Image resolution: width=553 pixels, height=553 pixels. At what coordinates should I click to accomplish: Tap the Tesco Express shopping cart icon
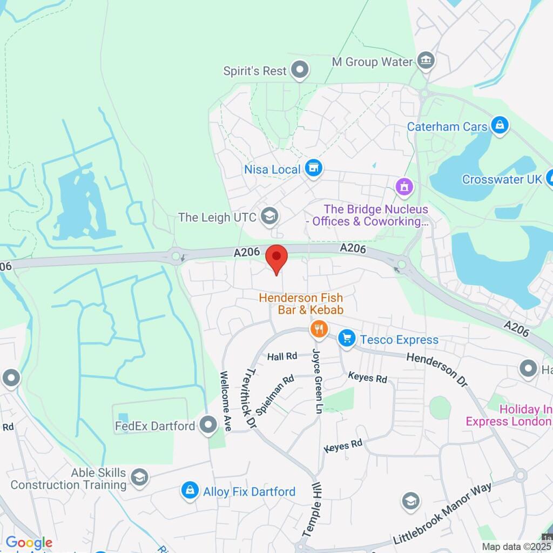click(346, 339)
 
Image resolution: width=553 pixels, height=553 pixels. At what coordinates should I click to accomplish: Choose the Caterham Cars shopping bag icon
click(500, 126)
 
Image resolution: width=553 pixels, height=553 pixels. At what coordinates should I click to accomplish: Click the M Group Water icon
click(426, 61)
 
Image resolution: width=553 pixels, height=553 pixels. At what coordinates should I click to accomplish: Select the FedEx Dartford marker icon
click(208, 426)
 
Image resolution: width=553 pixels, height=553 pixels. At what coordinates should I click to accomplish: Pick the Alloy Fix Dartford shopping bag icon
click(190, 491)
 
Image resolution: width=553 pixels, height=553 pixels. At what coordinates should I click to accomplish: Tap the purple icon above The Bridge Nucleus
click(404, 187)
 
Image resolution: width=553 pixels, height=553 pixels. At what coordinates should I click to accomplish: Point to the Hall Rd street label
click(283, 356)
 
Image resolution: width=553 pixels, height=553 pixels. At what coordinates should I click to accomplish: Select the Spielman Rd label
click(275, 394)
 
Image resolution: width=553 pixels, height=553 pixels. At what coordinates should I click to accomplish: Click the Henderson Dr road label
click(436, 369)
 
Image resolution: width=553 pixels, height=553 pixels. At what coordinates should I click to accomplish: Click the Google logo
click(29, 543)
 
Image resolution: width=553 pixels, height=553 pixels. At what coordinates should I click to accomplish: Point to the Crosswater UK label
click(502, 179)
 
